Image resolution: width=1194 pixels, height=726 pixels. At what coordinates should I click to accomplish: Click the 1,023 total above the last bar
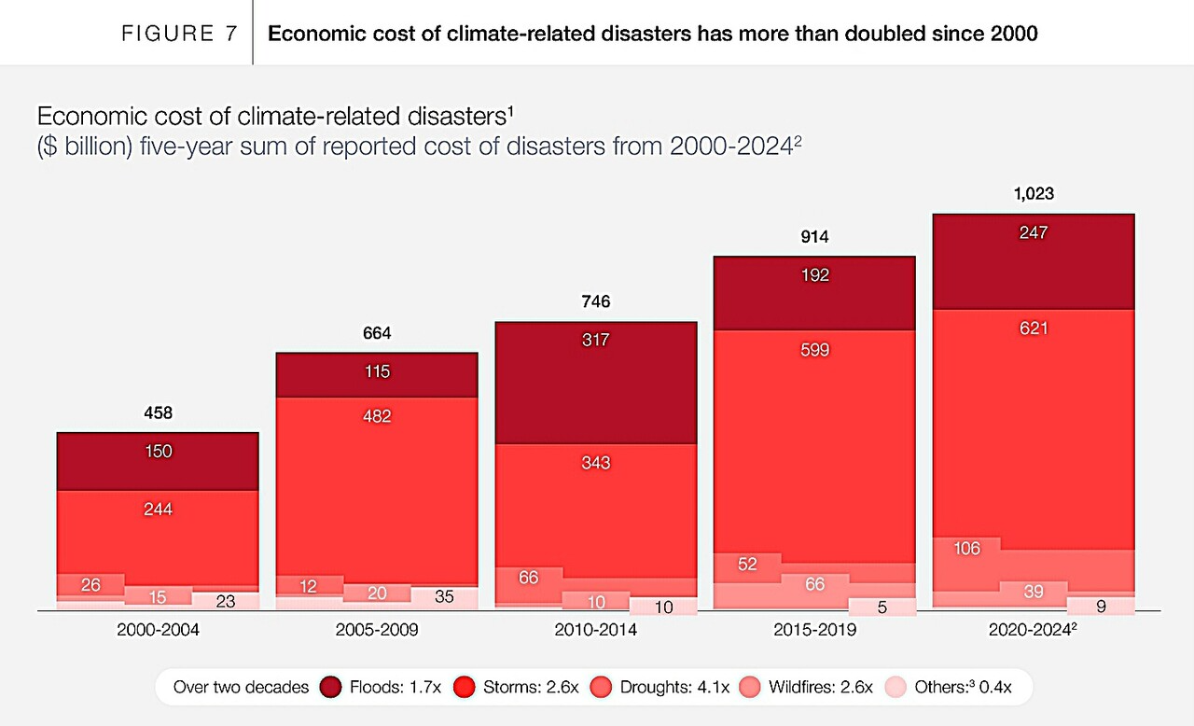[x=1033, y=195]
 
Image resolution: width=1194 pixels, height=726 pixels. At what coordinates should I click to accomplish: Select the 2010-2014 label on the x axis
[x=596, y=630]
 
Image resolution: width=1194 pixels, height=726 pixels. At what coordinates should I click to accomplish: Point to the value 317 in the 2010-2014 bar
[x=595, y=340]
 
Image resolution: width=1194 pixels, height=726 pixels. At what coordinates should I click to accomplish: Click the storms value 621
[x=1033, y=328]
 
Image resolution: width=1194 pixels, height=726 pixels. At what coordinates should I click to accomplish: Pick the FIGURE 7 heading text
[x=179, y=34]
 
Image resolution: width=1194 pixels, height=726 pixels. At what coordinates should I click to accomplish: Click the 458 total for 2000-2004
[x=158, y=412]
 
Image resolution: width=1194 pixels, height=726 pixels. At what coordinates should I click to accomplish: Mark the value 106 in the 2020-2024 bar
[x=967, y=549]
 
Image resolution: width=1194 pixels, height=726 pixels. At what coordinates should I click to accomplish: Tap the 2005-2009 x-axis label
[x=377, y=630]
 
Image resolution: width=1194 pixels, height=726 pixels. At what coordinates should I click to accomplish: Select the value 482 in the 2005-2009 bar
[x=377, y=416]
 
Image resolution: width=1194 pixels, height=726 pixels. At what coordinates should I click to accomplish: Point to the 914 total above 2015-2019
[x=814, y=237]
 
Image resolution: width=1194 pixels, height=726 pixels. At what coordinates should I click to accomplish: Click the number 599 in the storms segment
[x=814, y=351]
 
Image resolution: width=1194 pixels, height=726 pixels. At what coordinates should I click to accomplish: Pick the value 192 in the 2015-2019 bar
[x=814, y=275]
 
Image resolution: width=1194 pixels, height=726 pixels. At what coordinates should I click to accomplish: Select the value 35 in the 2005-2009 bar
[x=444, y=597]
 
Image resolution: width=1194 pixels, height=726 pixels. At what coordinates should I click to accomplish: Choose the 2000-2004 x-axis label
[x=158, y=630]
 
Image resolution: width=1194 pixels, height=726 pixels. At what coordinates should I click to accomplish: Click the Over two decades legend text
[x=241, y=687]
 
